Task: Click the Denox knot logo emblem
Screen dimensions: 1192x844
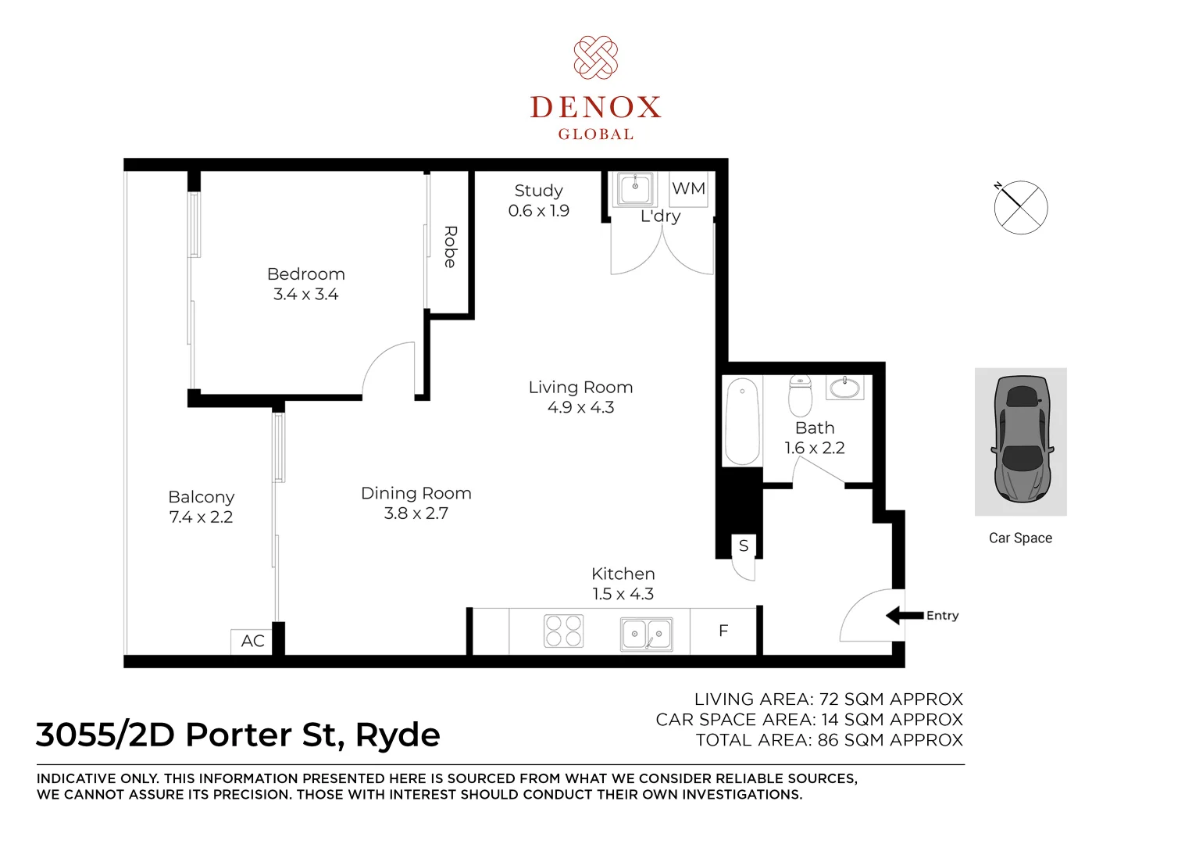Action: pos(595,57)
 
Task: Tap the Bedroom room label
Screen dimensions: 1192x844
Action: pos(306,274)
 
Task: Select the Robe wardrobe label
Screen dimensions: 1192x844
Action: pos(450,246)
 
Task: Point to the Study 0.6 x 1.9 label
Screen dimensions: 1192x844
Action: pos(538,200)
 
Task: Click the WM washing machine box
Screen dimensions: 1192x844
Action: pos(689,189)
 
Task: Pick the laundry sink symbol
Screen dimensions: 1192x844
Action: pos(635,188)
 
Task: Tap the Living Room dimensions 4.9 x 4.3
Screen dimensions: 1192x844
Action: pos(580,407)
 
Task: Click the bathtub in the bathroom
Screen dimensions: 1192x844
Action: pos(742,420)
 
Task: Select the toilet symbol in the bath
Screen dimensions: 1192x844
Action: pos(801,395)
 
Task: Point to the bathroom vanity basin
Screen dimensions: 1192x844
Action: pos(844,387)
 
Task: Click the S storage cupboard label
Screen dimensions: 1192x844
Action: pos(744,545)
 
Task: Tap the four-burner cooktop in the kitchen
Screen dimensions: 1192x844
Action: pos(563,631)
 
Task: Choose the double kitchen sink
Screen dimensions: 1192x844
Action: pos(647,634)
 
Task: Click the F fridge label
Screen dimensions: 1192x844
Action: pos(723,631)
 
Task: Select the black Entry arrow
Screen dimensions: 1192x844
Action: pos(905,615)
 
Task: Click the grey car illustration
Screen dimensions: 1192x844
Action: pos(1021,440)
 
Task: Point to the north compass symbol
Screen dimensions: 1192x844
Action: pos(1021,207)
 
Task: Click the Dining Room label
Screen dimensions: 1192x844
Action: pos(416,493)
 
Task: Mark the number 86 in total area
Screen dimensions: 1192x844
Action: pos(828,740)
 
